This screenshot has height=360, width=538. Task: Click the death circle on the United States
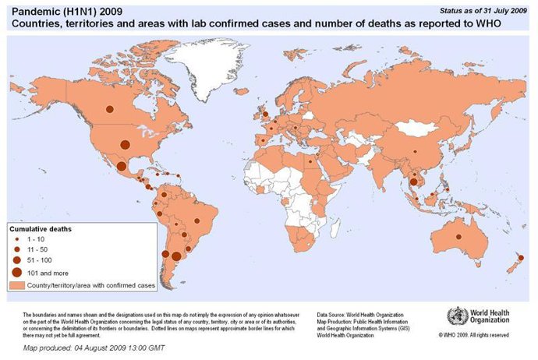click(x=124, y=143)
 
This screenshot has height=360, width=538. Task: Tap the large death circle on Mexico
click(x=122, y=165)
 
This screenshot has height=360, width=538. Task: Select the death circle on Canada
click(x=110, y=109)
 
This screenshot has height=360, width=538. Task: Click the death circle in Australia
click(x=459, y=236)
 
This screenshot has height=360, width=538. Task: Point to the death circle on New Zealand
click(x=521, y=258)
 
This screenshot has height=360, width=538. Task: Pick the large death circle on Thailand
click(x=413, y=182)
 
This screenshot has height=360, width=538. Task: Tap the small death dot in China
click(x=416, y=151)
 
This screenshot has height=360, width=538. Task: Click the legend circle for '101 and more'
click(x=17, y=273)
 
